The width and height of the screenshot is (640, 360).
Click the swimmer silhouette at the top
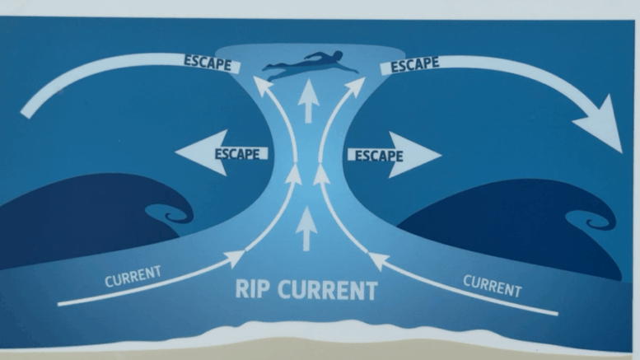point(310,67)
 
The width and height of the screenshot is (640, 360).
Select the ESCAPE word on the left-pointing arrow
point(237,153)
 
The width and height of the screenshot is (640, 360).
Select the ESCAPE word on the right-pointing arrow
point(378,154)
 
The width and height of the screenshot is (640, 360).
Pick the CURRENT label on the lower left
point(133,276)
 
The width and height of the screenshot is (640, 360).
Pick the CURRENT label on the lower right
point(492,285)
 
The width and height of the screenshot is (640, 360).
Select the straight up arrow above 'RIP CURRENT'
point(306,228)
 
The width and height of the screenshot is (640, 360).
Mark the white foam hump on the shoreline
point(321,333)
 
